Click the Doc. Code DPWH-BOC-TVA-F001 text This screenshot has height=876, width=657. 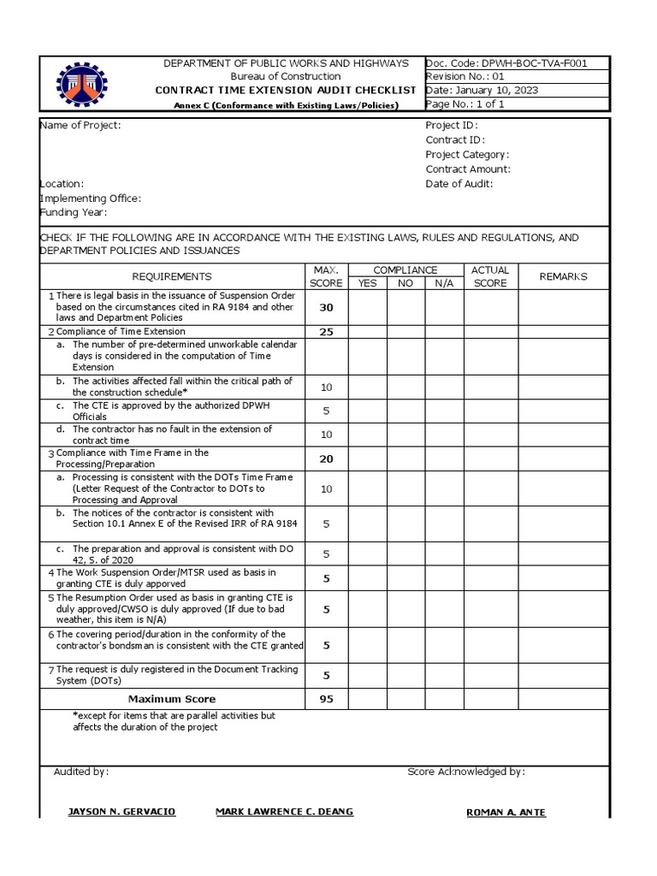506,63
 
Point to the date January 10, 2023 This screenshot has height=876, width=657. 482,91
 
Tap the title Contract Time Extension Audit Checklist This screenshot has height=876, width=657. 285,91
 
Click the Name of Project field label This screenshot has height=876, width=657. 80,126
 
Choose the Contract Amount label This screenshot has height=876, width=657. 468,169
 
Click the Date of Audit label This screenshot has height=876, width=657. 459,184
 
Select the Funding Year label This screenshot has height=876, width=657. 74,213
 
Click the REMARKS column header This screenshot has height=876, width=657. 563,276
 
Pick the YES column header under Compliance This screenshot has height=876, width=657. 367,283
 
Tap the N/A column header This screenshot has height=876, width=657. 444,283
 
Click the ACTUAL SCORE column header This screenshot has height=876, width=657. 490,276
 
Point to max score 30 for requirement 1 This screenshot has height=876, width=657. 326,307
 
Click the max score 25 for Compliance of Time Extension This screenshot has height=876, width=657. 326,332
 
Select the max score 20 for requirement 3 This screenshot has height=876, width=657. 326,459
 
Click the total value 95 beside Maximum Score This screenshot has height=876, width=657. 326,699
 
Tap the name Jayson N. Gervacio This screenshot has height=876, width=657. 121,812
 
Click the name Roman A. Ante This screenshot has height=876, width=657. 506,813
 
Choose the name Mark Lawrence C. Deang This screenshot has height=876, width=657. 284,812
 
